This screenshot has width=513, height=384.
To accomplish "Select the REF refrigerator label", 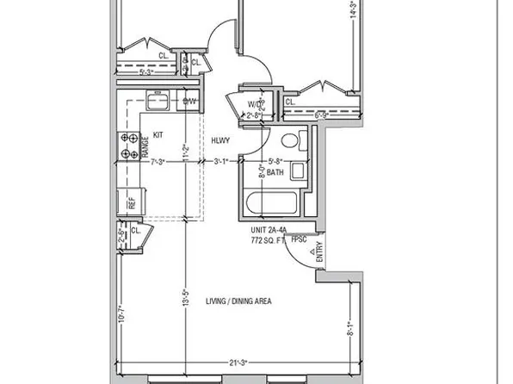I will point(132,203).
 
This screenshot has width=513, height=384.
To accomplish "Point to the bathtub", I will point(271,205).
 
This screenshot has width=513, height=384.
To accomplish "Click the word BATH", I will point(275,172).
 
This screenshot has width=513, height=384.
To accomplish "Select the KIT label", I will point(158,134).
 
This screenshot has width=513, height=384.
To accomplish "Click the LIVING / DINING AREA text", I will point(238,300).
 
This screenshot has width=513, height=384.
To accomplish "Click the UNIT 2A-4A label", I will point(269,231).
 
